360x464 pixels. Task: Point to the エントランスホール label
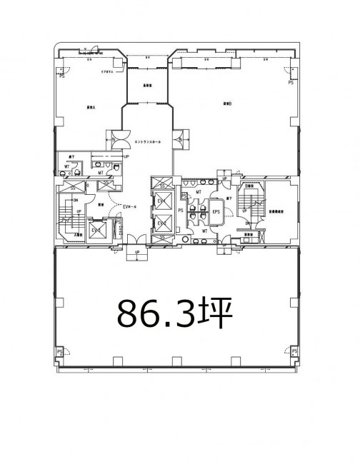[148, 141]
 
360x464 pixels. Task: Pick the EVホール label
[130, 206]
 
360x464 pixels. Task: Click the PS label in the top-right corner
[290, 83]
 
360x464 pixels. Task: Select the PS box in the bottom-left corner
[61, 352]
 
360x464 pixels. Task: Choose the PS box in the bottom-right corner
[294, 352]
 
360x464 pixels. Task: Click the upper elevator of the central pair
[161, 202]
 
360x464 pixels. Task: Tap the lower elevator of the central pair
[161, 223]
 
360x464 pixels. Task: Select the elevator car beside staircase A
[96, 231]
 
